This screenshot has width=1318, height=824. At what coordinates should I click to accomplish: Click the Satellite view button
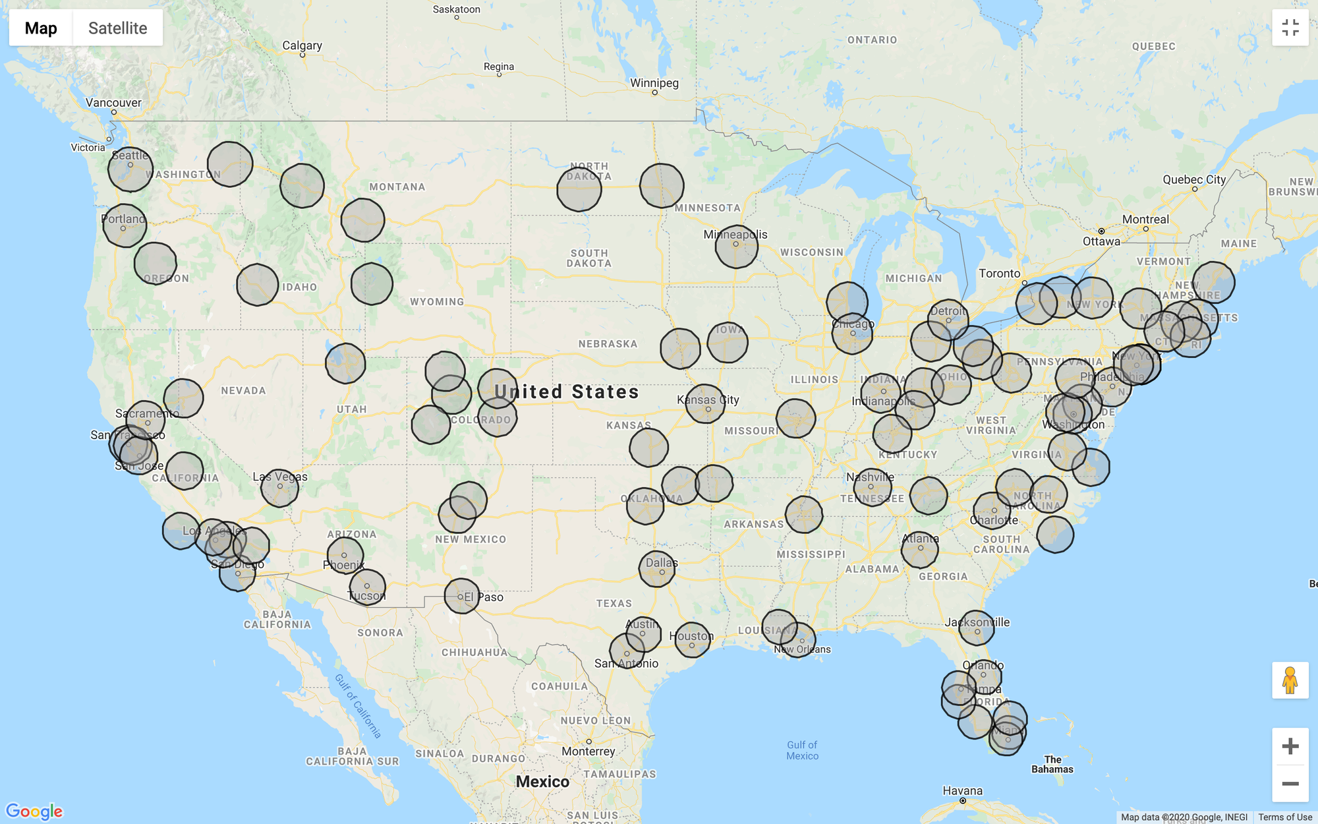(x=117, y=28)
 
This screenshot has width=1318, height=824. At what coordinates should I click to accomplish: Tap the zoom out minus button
(x=1290, y=783)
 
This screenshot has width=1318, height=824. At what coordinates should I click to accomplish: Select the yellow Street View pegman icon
(x=1290, y=680)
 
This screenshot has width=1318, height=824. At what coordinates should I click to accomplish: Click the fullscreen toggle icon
(x=1290, y=28)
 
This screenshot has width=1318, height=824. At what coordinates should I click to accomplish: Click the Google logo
(x=34, y=811)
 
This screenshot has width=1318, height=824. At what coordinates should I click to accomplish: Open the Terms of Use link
(x=1284, y=817)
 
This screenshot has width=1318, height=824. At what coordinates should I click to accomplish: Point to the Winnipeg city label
(x=654, y=83)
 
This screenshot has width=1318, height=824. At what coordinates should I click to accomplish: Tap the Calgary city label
(x=302, y=45)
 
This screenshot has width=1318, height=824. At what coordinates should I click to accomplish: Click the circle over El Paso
(x=461, y=596)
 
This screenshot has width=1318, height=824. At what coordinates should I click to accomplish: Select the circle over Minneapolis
(x=736, y=246)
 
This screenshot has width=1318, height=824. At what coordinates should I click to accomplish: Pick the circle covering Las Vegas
(x=279, y=488)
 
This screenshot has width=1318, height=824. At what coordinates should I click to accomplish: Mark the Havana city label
(x=962, y=790)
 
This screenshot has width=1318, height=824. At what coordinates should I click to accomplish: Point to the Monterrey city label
(x=588, y=751)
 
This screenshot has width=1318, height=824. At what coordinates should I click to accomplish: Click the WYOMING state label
(x=437, y=302)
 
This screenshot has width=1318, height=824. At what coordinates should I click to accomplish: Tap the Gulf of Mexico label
(x=802, y=750)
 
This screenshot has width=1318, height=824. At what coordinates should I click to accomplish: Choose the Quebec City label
(x=1194, y=179)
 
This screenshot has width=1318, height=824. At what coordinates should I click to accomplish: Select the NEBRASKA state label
(x=608, y=344)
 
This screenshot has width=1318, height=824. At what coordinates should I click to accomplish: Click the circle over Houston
(x=692, y=640)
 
